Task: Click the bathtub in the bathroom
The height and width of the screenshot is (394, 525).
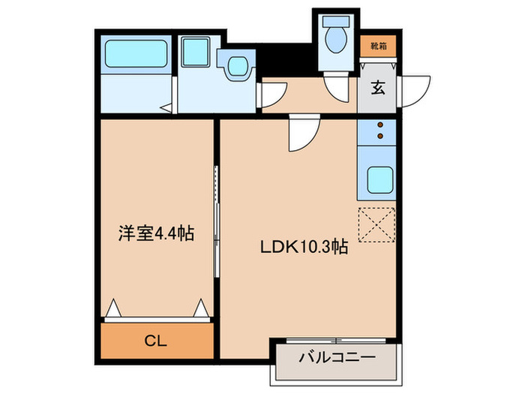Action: (x=134, y=55)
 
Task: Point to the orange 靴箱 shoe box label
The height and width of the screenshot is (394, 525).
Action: (x=379, y=47)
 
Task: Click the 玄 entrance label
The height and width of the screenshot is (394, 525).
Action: (x=379, y=88)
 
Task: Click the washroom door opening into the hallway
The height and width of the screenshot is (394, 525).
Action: (x=271, y=93)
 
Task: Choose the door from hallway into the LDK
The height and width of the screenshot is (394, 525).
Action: (x=303, y=133)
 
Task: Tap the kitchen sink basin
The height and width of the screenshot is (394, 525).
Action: (x=379, y=179)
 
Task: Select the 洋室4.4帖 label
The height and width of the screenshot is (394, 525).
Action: (x=156, y=233)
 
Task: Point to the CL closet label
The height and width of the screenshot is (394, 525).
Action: (x=156, y=341)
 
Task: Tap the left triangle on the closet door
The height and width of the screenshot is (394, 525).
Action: (x=113, y=308)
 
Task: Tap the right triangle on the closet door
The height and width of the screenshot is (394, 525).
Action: (x=201, y=308)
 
